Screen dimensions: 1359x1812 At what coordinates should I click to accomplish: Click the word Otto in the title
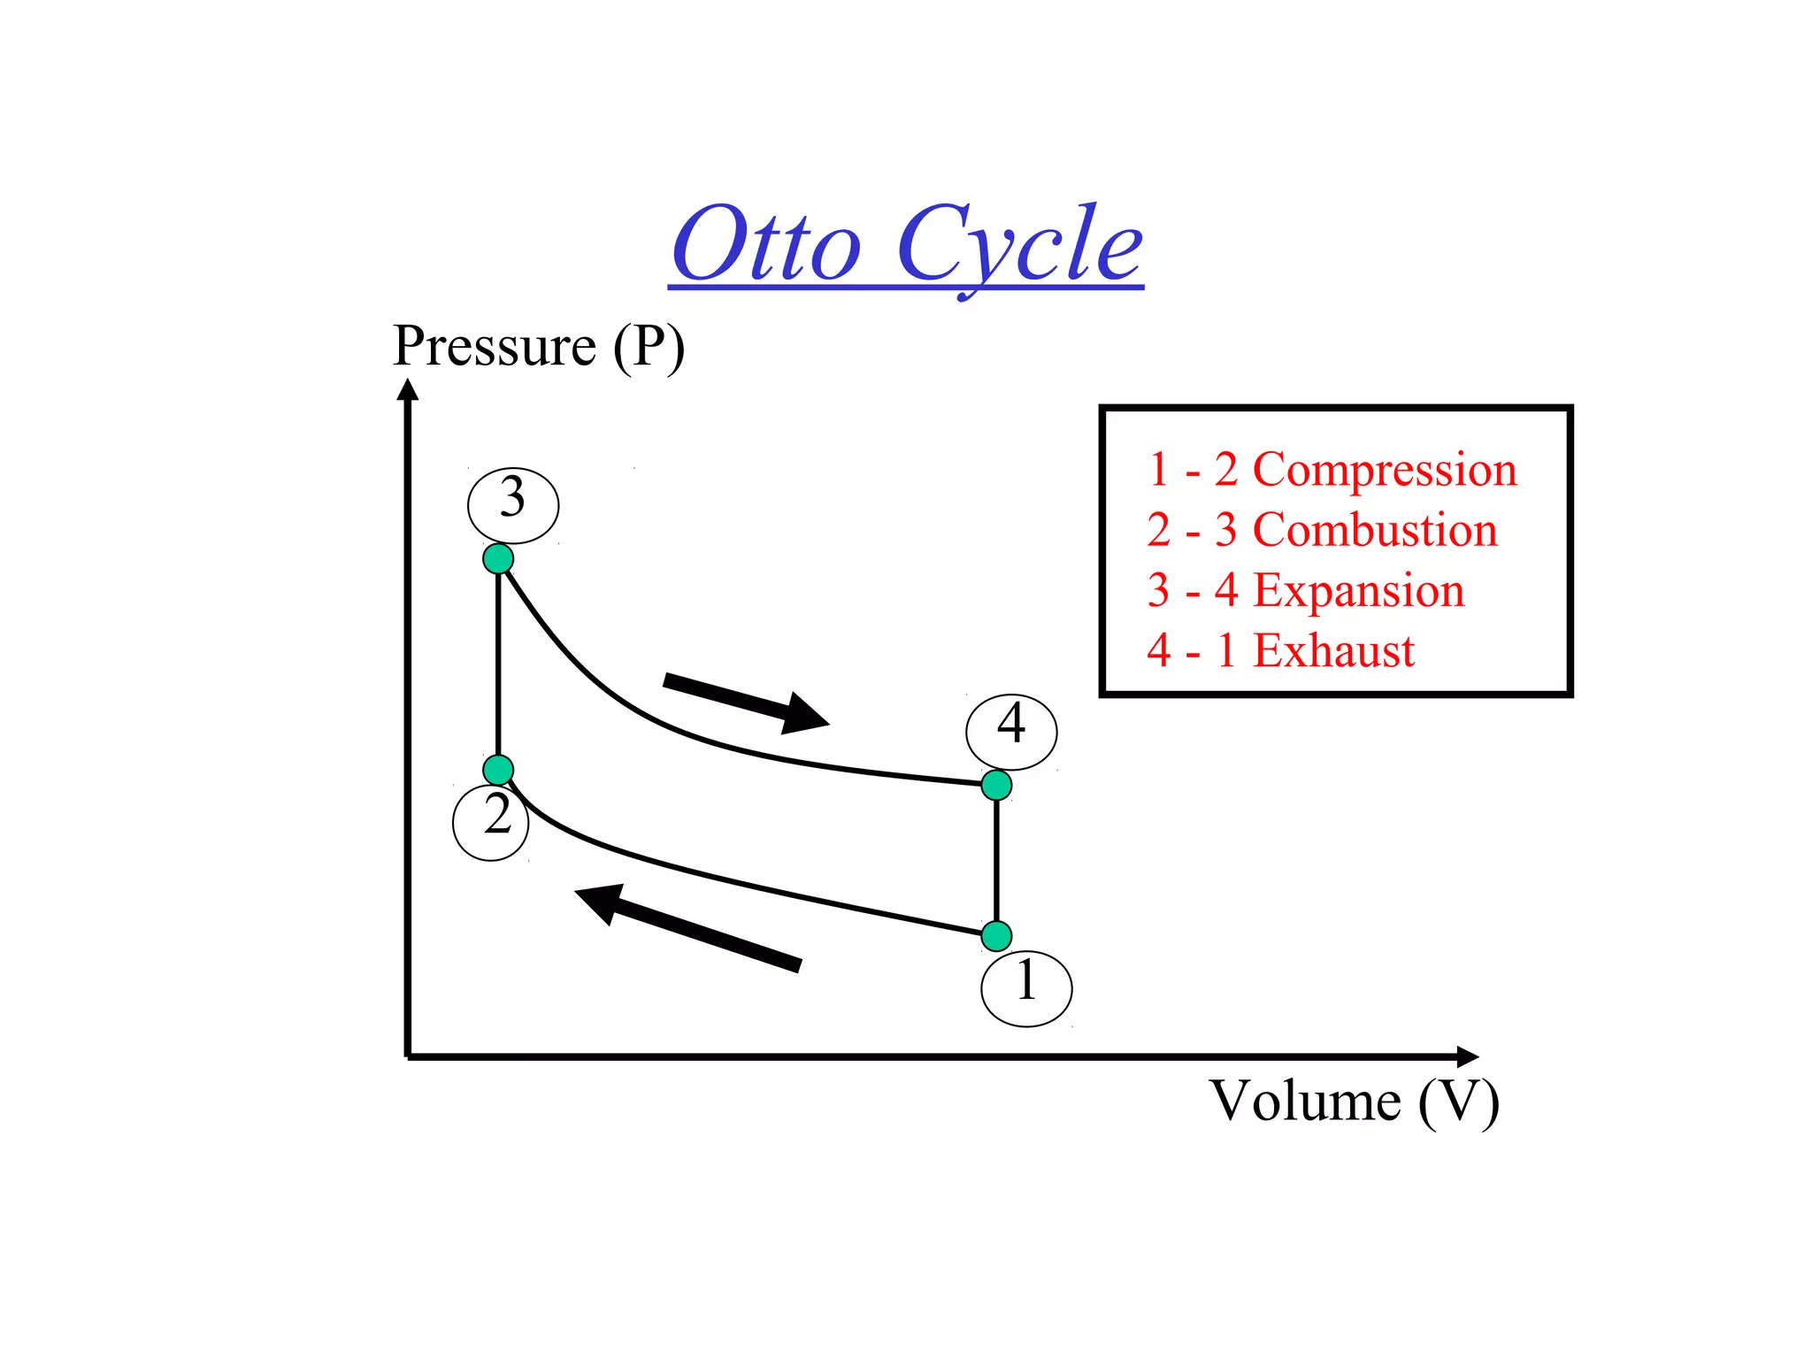point(765,245)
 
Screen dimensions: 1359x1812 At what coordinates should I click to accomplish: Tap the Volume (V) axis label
point(1354,1102)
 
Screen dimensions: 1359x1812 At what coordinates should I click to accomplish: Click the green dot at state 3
point(498,558)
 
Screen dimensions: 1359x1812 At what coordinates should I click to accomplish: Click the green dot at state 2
point(498,769)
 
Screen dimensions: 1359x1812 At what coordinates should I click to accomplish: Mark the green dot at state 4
point(996,785)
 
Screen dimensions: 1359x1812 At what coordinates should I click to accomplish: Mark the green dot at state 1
point(996,935)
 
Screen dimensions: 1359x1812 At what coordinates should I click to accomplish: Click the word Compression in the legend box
point(1385,470)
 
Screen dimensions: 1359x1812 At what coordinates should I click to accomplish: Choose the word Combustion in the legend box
point(1375,530)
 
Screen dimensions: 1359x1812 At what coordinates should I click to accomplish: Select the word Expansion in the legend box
point(1359,590)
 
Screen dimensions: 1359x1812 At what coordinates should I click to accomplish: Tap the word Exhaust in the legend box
point(1334,650)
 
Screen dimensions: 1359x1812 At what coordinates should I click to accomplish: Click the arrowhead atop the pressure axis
point(407,389)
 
